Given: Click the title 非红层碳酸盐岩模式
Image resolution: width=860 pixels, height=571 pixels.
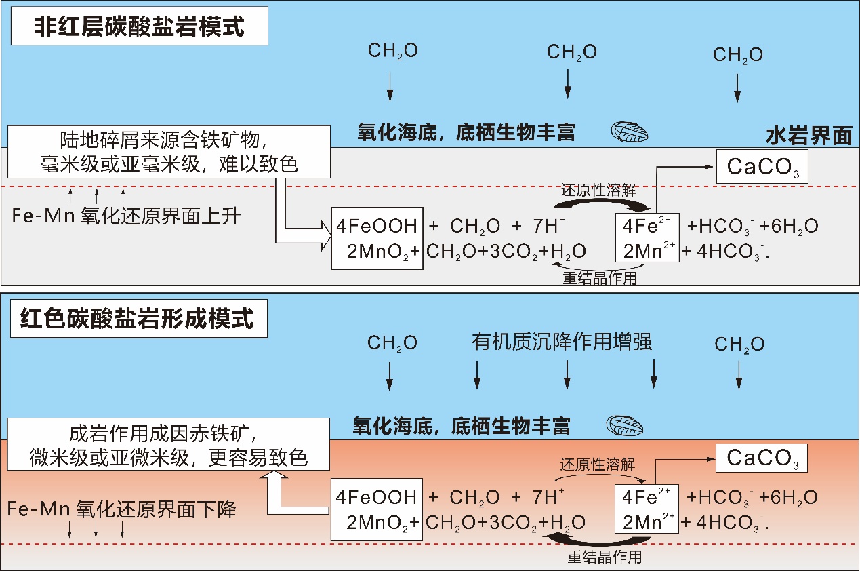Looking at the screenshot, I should tap(140, 28).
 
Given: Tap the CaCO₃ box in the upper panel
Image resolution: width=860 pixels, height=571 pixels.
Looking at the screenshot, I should tap(762, 168).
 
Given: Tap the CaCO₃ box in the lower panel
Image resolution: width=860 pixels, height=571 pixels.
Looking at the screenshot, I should tap(762, 458).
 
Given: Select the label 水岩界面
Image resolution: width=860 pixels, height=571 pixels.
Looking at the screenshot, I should tap(808, 136).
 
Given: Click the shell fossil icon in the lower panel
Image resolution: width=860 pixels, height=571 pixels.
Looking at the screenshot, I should tap(624, 426).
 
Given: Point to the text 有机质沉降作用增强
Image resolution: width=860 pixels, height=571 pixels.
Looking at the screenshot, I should tap(561, 342).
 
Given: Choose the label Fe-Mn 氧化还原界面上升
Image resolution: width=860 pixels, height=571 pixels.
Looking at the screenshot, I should tap(126, 217).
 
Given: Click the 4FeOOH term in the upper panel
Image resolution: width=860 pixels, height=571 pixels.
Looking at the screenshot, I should tap(377, 227).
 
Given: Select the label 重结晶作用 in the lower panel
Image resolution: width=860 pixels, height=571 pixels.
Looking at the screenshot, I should tap(604, 557).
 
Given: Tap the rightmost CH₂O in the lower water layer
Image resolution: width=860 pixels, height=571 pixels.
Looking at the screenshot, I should tap(739, 344).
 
